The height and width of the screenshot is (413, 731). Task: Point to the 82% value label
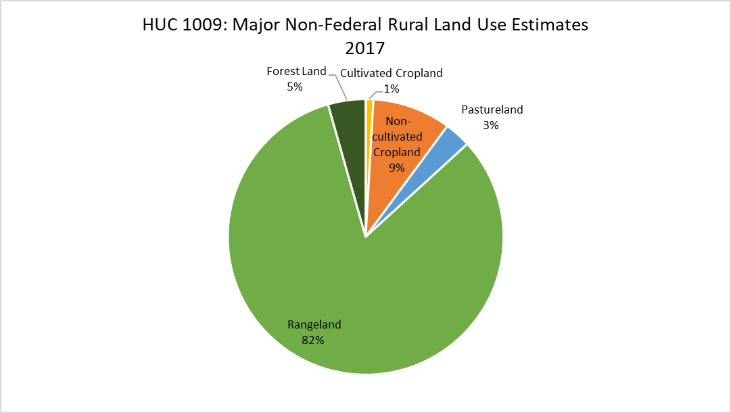tap(313, 340)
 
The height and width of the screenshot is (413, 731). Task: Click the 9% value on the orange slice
tap(397, 168)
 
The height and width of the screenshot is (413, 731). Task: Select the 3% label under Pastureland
tap(491, 126)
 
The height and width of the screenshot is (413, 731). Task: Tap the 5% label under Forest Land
tap(295, 87)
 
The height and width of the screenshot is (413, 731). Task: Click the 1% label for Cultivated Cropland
tap(392, 89)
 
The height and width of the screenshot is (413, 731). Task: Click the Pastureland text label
tap(492, 110)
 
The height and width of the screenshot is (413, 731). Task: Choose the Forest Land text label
tap(296, 72)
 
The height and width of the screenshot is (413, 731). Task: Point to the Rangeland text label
tap(314, 325)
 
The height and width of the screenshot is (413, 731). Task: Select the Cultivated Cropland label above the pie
tap(391, 73)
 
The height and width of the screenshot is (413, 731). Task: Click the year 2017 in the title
tap(365, 48)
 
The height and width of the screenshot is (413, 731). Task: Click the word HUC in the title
tap(160, 24)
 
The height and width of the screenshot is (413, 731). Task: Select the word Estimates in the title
tap(550, 24)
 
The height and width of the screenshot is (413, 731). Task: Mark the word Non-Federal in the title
tap(334, 24)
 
